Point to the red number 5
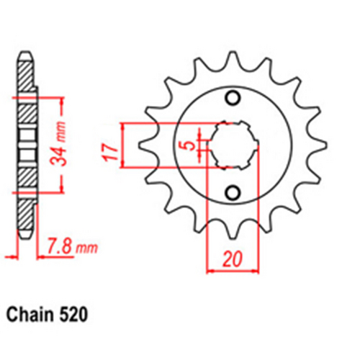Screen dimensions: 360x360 pyautogui.click(x=188, y=145)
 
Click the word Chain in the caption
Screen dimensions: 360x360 pyautogui.click(x=32, y=315)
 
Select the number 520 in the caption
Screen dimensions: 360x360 pyautogui.click(x=76, y=315)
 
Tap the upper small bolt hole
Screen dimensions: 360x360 pyautogui.click(x=232, y=99)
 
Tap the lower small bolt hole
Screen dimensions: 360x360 pyautogui.click(x=232, y=192)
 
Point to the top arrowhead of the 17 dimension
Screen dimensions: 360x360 pyautogui.click(x=127, y=125)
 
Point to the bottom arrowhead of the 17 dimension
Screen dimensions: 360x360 pyautogui.click(x=127, y=165)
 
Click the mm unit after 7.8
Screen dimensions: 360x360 pyautogui.click(x=86, y=250)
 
